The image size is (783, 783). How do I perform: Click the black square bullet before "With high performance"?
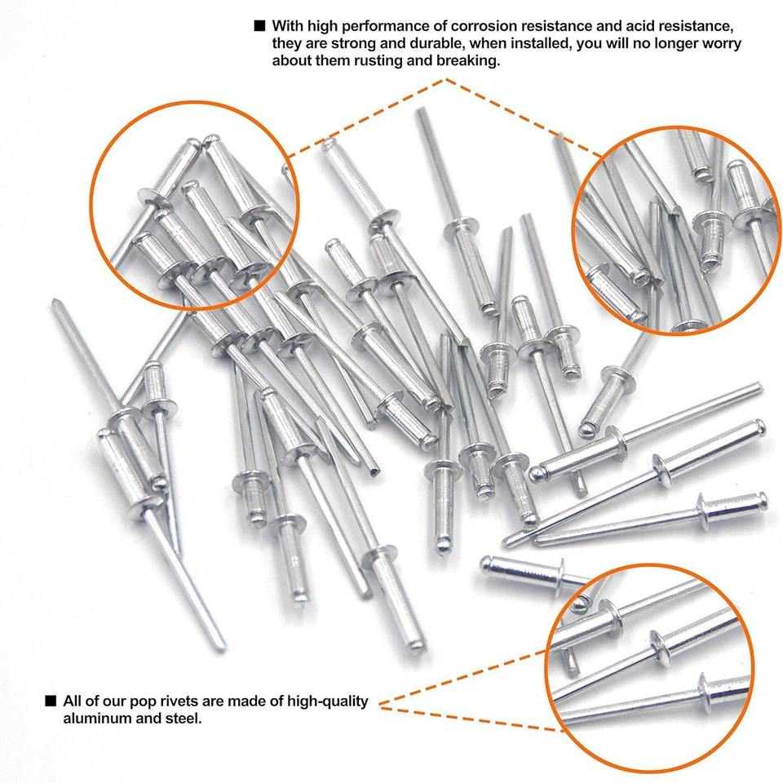(x=259, y=25)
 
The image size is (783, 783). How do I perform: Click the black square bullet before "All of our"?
(x=51, y=701)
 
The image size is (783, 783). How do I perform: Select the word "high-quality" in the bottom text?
(x=327, y=701)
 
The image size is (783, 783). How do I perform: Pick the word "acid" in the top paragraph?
(x=642, y=26)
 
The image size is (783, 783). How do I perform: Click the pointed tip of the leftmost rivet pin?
(x=54, y=301)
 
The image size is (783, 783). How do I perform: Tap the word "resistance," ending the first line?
(x=697, y=26)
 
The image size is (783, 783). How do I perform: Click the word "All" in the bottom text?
(x=73, y=701)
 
